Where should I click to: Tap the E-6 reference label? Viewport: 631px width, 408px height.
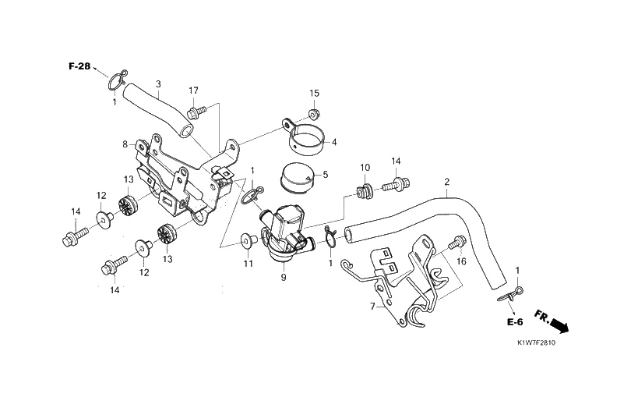[513, 322]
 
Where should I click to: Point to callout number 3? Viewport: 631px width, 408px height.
[158, 84]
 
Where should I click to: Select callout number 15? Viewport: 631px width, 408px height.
[315, 94]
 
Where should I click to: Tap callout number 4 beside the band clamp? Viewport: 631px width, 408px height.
[333, 142]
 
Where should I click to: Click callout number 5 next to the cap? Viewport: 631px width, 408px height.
[325, 174]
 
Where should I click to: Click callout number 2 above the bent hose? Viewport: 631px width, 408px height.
[446, 183]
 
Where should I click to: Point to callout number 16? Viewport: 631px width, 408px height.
[461, 262]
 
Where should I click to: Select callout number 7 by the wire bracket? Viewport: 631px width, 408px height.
[373, 306]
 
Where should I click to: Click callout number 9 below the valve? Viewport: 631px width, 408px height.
[284, 277]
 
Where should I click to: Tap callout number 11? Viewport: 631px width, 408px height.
[248, 264]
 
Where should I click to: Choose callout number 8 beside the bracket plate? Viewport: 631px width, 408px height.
[125, 144]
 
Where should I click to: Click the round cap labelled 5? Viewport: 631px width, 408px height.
[296, 178]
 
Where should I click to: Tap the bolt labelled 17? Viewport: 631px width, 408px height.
[197, 112]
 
